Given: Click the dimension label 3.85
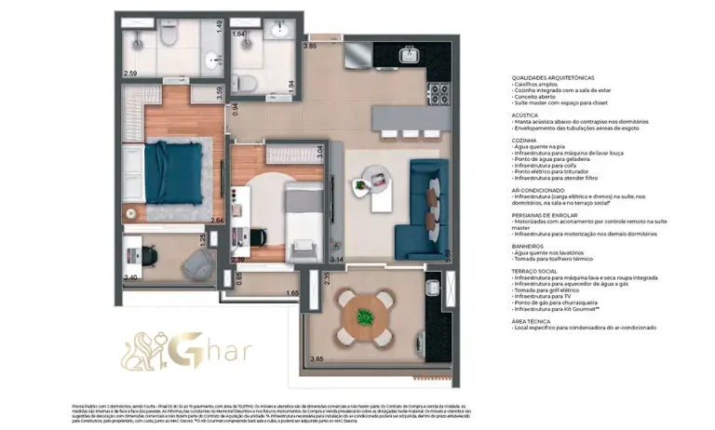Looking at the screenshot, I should [x=310, y=46].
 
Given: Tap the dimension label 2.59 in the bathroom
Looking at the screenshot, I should [x=130, y=73].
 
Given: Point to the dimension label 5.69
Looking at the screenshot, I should [x=448, y=252].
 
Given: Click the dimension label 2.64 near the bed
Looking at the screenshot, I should [x=218, y=221].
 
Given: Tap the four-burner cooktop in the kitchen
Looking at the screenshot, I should [x=437, y=94].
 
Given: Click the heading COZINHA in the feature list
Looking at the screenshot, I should [x=524, y=140].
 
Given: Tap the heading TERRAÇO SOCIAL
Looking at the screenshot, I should [x=534, y=271].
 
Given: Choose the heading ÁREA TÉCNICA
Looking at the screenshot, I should [x=529, y=320].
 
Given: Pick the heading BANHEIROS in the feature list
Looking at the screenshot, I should [x=528, y=246].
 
